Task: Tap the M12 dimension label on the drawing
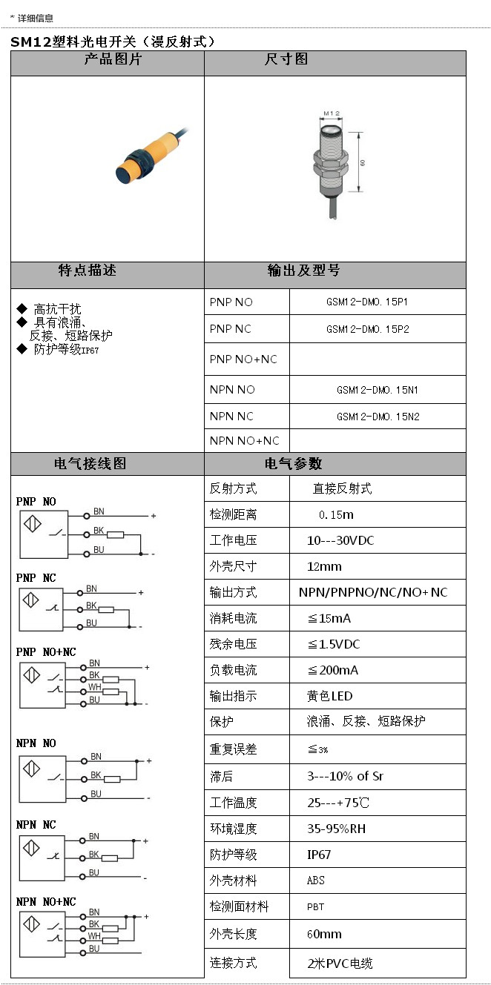[x=331, y=114]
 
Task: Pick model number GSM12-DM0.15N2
[x=378, y=417]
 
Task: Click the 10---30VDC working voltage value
[x=340, y=540]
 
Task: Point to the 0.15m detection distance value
[x=336, y=514]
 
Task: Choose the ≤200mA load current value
[x=333, y=670]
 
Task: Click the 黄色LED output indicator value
[x=330, y=696]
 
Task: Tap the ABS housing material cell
[x=316, y=880]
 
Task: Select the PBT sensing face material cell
[x=315, y=906]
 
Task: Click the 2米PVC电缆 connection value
[x=340, y=964]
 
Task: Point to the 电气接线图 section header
[x=90, y=464]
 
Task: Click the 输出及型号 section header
[x=303, y=271]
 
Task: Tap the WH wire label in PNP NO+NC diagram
[x=95, y=687]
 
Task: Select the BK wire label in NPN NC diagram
[x=93, y=854]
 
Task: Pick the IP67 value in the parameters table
[x=319, y=855]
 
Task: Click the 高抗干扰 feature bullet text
[x=57, y=309]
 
